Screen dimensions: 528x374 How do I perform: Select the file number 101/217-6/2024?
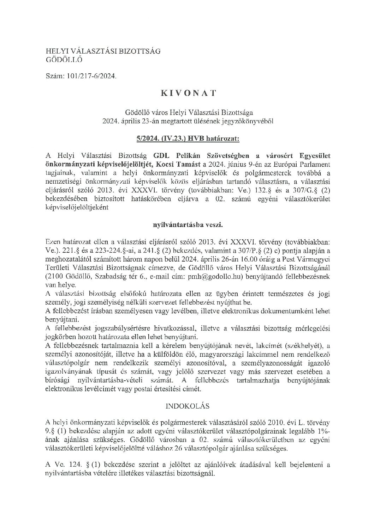coord(91,76)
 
